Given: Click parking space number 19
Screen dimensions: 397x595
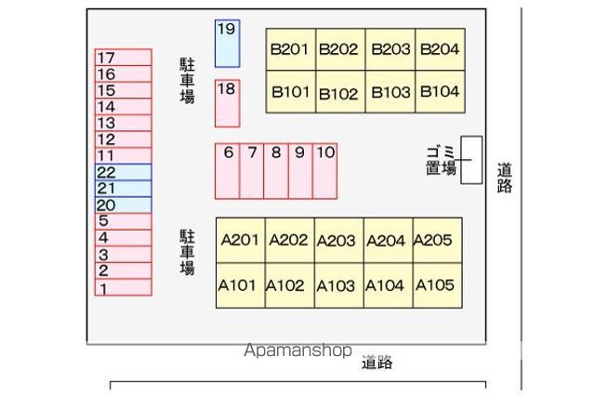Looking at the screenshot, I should [x=227, y=43].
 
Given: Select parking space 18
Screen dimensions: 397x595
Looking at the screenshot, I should [x=227, y=103].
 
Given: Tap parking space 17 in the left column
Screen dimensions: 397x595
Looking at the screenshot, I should [x=123, y=58].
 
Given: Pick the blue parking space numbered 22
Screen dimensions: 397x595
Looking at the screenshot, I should [x=123, y=172].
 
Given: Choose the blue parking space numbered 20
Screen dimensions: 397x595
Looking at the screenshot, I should [x=123, y=205].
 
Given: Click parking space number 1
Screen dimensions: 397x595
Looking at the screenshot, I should [x=123, y=288].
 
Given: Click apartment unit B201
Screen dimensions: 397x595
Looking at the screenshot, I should [x=290, y=49].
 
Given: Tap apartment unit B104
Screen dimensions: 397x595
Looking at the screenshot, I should [x=440, y=92].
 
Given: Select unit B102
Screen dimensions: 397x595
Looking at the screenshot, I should [x=338, y=93].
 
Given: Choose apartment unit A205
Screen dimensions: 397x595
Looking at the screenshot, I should [x=432, y=241].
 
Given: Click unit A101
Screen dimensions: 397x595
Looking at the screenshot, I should [x=238, y=285].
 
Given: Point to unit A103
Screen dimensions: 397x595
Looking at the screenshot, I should [x=337, y=285].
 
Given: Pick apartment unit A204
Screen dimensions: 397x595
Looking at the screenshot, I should [x=385, y=241].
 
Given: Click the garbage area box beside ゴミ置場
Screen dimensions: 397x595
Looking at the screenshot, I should [x=472, y=160].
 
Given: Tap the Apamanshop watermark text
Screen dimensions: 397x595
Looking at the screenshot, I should [x=297, y=351].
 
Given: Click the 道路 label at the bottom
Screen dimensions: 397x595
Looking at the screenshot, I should [x=377, y=363].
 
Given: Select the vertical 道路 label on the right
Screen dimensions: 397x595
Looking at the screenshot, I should [x=505, y=178].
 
